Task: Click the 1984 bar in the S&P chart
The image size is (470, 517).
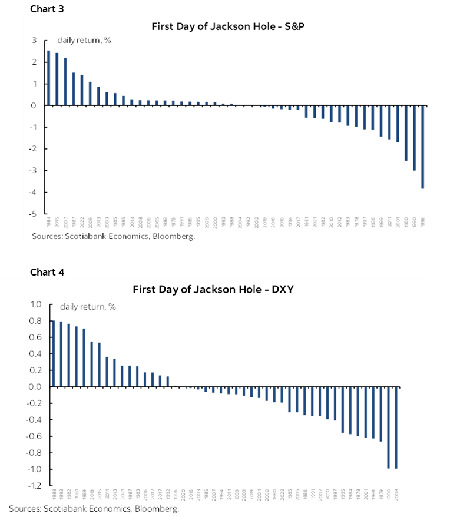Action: (x=48, y=78)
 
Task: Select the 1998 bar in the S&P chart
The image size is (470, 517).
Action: (x=422, y=147)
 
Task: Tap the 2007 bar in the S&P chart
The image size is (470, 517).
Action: (x=65, y=82)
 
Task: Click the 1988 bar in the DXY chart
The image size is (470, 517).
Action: (x=53, y=353)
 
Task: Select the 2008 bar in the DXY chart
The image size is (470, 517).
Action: (x=396, y=427)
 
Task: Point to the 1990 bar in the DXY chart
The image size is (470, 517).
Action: (x=389, y=427)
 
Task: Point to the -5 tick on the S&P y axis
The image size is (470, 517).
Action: (x=35, y=214)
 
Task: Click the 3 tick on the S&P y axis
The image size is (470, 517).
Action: (x=35, y=40)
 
